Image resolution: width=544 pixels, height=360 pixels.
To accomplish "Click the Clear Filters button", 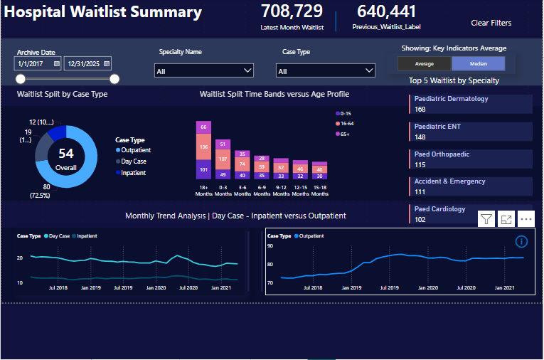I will [491, 23].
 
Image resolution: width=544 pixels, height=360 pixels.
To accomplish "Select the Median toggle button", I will [479, 64].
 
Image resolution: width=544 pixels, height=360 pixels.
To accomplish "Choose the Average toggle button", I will [425, 64].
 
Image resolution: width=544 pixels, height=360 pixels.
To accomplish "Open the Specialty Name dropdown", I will [204, 70].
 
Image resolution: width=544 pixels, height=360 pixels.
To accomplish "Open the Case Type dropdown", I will [326, 70].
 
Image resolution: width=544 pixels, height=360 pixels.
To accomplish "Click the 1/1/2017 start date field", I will [38, 63].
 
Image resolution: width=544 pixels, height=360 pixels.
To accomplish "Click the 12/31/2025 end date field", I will [87, 63].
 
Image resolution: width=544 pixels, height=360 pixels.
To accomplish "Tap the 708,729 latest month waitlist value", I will [292, 11].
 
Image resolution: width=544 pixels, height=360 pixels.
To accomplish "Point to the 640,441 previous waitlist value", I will [386, 11].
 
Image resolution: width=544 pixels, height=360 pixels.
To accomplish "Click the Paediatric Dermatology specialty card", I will [471, 104].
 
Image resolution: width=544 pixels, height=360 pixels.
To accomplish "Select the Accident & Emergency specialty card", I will [471, 186].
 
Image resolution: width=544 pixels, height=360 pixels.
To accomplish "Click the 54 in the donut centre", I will [66, 154].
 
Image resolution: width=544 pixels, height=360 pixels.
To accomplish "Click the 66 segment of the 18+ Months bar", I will [204, 127].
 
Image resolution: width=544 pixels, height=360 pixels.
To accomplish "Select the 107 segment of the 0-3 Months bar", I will [223, 159].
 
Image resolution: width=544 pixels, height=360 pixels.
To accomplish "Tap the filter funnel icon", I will [486, 220].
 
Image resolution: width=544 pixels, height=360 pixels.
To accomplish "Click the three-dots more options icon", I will [526, 220].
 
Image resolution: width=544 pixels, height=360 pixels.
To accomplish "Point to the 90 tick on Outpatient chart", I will [271, 245].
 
